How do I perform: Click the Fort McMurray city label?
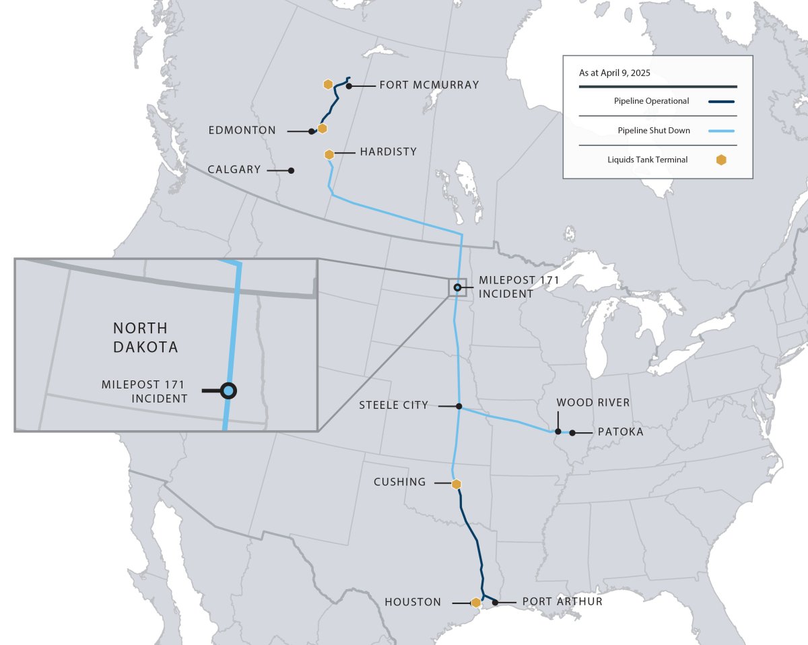point(429,85)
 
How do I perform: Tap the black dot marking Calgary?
point(291,170)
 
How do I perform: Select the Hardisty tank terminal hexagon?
point(329,154)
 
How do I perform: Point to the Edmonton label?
point(242,131)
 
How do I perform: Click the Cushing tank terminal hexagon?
point(456,484)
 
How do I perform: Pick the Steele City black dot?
point(459,406)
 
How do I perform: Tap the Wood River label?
point(593,403)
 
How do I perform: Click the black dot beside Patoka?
point(572,432)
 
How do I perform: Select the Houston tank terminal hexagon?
point(476,603)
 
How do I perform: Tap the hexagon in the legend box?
point(721,160)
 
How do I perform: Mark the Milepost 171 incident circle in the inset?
point(229,391)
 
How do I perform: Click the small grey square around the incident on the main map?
point(457,287)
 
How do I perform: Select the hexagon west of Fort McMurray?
point(328,84)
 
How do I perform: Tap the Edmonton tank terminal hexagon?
point(323,128)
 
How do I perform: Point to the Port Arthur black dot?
point(496,602)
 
